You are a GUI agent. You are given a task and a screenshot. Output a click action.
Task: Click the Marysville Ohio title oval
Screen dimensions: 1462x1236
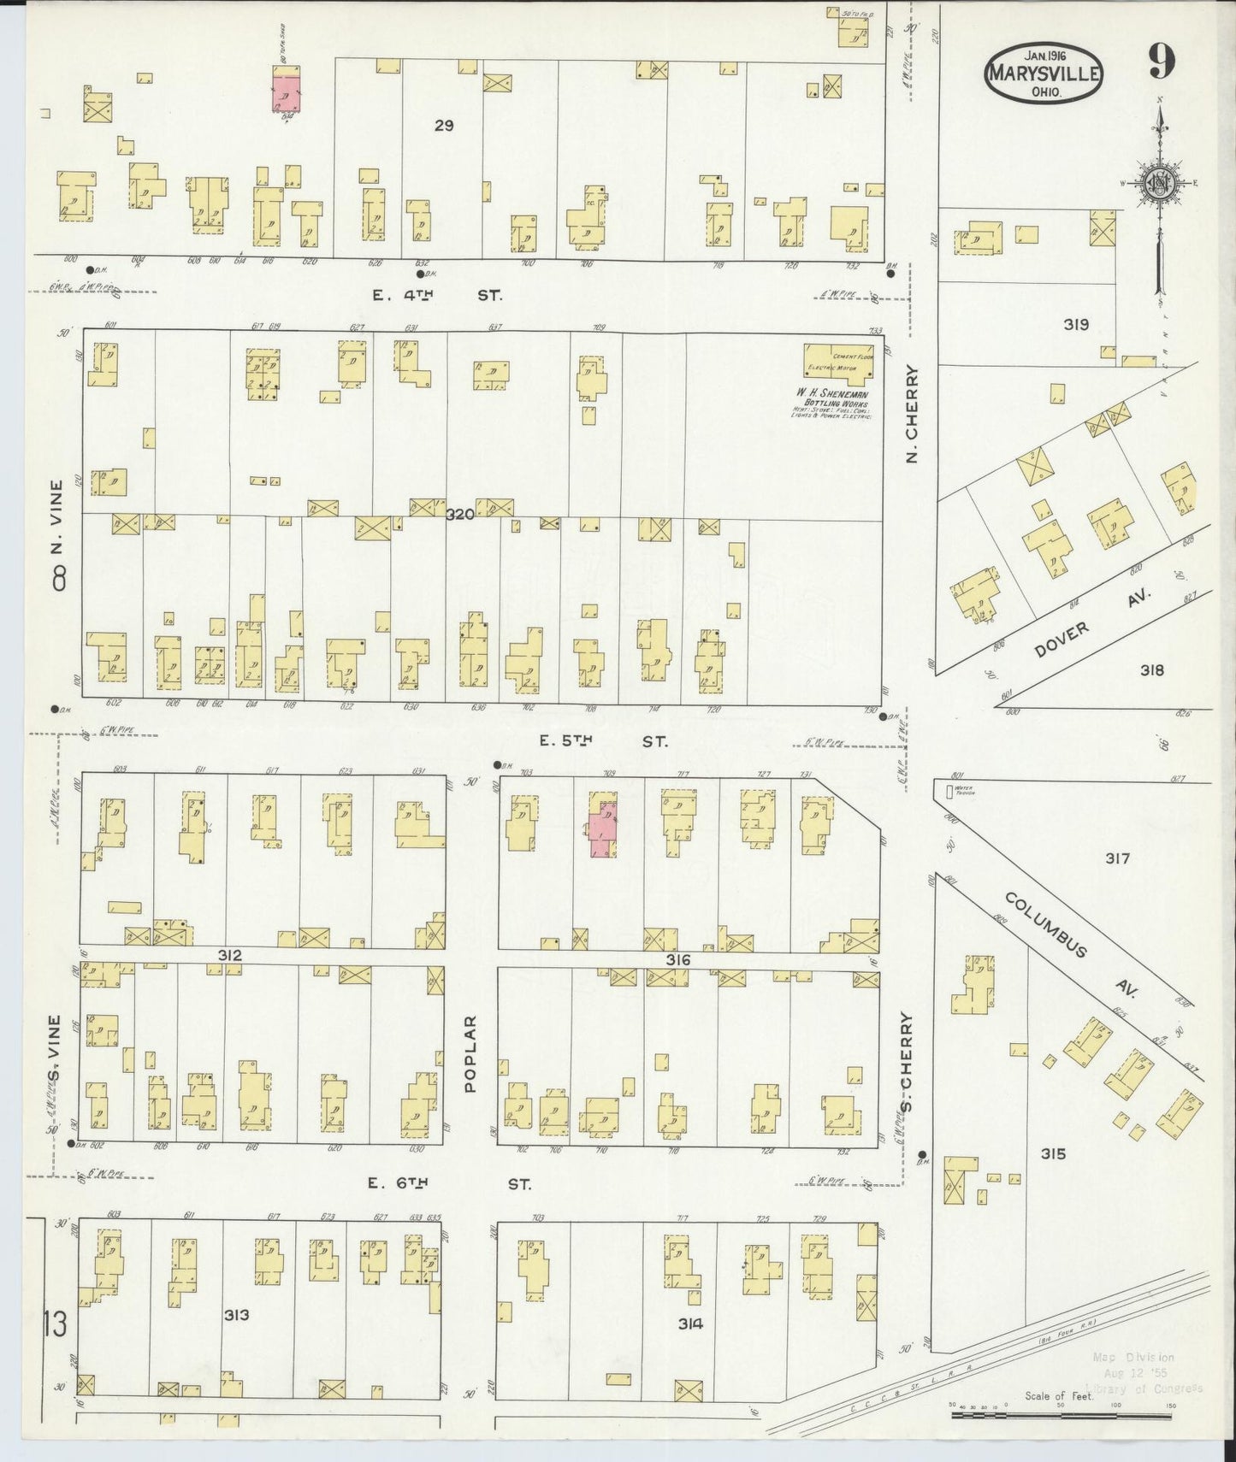tap(1043, 74)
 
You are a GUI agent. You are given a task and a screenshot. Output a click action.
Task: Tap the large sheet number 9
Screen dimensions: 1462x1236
tap(1161, 62)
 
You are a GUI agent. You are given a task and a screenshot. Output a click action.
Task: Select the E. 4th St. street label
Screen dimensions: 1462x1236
tap(437, 295)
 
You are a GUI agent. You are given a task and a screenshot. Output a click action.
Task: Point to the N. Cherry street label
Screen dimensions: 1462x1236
tap(912, 415)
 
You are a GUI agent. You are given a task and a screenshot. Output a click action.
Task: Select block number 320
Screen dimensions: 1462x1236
tap(459, 514)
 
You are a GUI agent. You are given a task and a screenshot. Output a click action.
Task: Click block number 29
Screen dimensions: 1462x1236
tap(443, 126)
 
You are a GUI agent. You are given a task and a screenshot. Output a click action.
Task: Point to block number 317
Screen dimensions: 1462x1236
tap(1117, 858)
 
